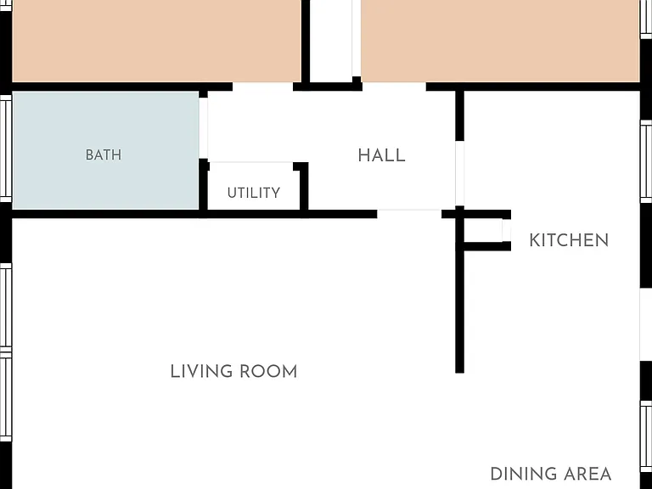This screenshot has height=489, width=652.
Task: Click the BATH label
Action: tap(104, 155)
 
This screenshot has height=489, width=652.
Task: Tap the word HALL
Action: tap(382, 155)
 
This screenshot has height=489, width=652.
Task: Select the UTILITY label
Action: tap(254, 193)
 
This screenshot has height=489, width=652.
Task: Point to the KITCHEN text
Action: tap(569, 240)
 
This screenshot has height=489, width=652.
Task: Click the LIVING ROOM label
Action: tap(233, 371)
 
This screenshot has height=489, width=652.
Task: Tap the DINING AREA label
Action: tap(550, 474)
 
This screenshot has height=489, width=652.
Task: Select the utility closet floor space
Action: tap(254, 186)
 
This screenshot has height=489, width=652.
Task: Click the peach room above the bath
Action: tap(156, 41)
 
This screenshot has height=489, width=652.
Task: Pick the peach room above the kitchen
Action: tap(500, 41)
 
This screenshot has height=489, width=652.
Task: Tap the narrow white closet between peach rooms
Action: tap(331, 41)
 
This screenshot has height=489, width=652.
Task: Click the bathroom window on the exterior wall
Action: tap(6, 149)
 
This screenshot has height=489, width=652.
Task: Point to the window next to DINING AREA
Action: tap(646, 436)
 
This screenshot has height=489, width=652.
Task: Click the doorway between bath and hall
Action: tap(204, 128)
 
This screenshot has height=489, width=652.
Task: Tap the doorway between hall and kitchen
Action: tap(459, 173)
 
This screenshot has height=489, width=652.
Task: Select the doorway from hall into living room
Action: tap(409, 214)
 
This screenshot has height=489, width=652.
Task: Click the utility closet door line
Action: tap(251, 163)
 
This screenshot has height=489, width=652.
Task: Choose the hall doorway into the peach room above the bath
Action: tap(263, 87)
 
